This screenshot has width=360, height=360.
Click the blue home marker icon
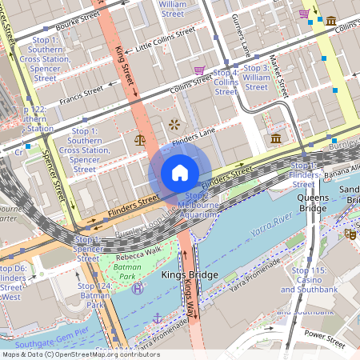pyautogui.click(x=180, y=173)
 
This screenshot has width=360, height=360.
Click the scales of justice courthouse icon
pyautogui.click(x=140, y=139)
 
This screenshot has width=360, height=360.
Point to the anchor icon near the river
pyautogui.click(x=158, y=318)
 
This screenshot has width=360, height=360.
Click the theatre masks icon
pyautogui.click(x=350, y=234)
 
